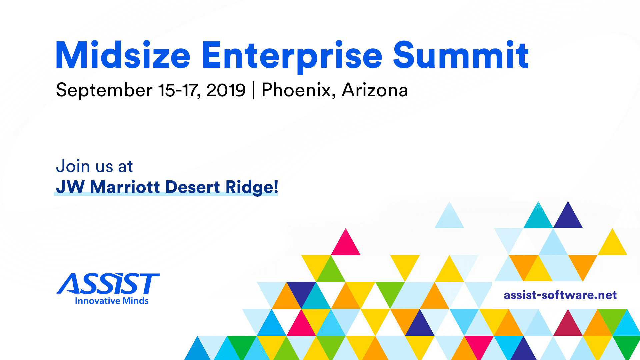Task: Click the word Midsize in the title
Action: (x=123, y=55)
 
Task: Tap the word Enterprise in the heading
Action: (x=292, y=55)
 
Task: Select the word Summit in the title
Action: (x=461, y=55)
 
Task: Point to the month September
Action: (x=104, y=90)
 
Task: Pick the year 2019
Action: (x=226, y=90)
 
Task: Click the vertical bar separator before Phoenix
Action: (x=254, y=90)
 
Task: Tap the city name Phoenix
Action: (x=299, y=90)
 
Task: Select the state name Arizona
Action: (x=375, y=90)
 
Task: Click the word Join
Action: (x=73, y=166)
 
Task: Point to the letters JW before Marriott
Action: (x=70, y=187)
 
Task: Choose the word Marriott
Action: (x=125, y=187)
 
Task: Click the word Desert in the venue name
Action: (x=193, y=187)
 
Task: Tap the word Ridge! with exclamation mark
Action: (x=252, y=187)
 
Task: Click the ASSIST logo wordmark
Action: (x=109, y=284)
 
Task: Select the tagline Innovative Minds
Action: (x=112, y=301)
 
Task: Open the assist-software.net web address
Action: (x=560, y=295)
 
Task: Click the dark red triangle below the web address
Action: (x=568, y=325)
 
